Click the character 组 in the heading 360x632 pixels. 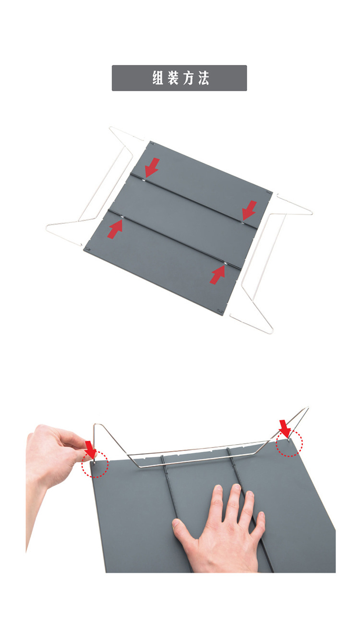point(158,78)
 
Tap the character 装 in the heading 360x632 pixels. point(173,78)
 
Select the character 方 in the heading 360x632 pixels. point(188,78)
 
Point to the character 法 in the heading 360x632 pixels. point(203,78)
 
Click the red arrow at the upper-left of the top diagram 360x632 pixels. point(152,167)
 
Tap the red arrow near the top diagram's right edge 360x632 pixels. point(249,210)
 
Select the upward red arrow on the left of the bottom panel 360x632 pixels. point(115,229)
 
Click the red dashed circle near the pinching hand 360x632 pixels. point(95,464)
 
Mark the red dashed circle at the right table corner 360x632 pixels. point(289,444)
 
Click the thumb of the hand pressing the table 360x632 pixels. point(183,529)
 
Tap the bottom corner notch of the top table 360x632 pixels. point(220,311)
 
